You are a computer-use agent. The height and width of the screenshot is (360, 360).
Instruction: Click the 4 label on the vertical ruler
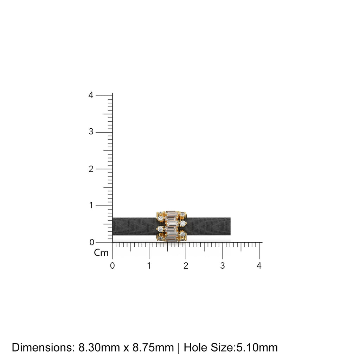(x=91, y=95)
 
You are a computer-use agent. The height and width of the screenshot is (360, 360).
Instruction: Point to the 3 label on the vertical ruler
(x=91, y=131)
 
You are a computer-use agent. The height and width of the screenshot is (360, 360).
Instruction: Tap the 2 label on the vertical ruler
(x=91, y=169)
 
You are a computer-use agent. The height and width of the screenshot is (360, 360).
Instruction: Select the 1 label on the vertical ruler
(x=91, y=205)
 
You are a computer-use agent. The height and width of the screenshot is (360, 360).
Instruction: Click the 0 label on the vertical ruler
(x=92, y=242)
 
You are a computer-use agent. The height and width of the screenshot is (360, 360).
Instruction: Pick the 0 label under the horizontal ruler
(x=112, y=266)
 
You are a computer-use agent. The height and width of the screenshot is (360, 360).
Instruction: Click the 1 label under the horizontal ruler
(x=149, y=266)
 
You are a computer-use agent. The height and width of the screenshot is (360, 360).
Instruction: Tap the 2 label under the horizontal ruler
(x=186, y=266)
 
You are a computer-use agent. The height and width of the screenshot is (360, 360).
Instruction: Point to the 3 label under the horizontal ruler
(x=222, y=266)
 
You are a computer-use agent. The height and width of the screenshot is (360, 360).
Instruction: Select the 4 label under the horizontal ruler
(x=259, y=266)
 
